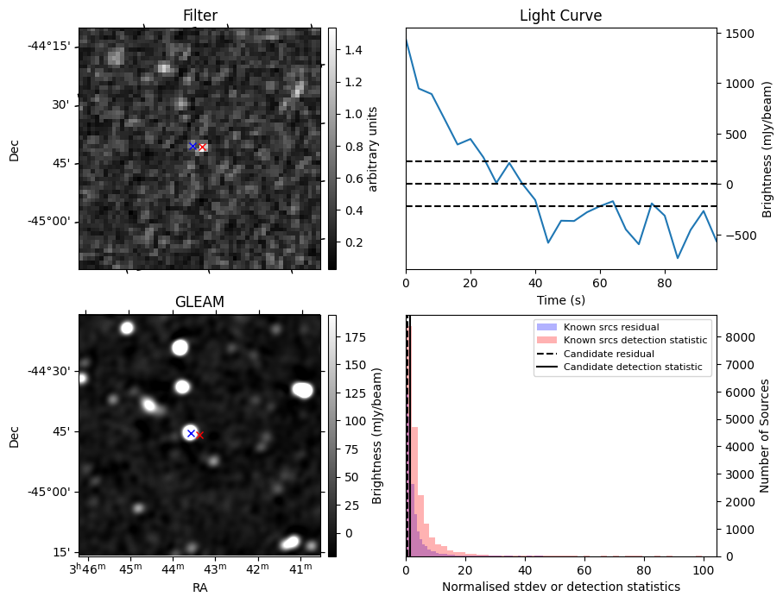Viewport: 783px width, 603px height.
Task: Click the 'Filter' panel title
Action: (199, 16)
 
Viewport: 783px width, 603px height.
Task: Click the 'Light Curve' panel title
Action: (560, 16)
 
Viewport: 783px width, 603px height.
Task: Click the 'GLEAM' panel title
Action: (199, 302)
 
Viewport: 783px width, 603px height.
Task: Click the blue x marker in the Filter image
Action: (193, 146)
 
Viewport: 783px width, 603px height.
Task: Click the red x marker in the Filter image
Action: (202, 148)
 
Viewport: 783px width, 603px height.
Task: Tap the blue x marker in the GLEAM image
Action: (191, 432)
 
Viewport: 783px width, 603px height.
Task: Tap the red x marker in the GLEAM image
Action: (199, 435)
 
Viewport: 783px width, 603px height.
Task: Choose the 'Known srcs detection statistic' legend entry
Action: (635, 341)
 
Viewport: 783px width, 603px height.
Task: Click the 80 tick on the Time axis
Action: (665, 282)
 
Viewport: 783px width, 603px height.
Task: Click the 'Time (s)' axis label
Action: (560, 299)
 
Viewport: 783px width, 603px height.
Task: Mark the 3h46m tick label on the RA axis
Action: (88, 569)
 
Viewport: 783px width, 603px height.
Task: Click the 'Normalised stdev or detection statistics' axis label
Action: (560, 587)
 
